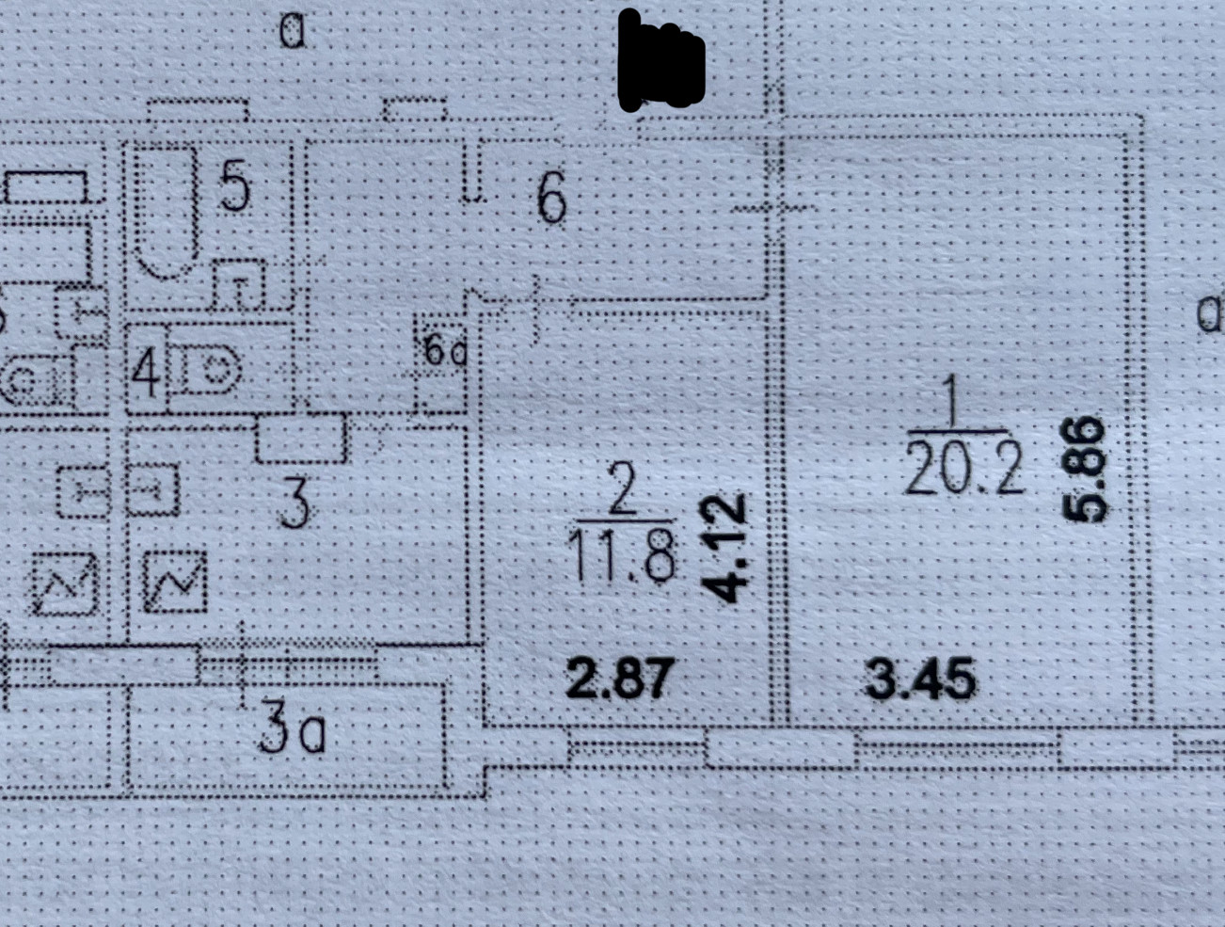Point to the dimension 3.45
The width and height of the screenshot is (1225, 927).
click(x=920, y=679)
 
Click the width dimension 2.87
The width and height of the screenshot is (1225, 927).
click(x=620, y=678)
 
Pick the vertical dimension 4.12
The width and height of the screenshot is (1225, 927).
click(x=725, y=548)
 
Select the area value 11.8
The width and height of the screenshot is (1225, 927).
click(x=624, y=555)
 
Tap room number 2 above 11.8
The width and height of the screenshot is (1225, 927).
click(x=622, y=492)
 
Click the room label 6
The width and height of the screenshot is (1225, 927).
click(x=551, y=200)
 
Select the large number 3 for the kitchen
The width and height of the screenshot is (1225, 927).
click(x=294, y=503)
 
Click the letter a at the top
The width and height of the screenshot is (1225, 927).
click(x=293, y=32)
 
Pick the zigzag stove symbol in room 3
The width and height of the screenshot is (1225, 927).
click(x=175, y=581)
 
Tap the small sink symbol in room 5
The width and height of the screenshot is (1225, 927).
click(x=238, y=285)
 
